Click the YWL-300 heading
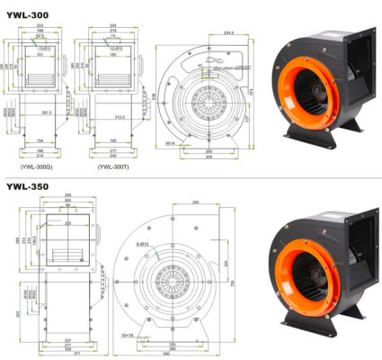point(27,9)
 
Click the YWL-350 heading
point(27,187)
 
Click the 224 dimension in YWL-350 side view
point(226,263)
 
